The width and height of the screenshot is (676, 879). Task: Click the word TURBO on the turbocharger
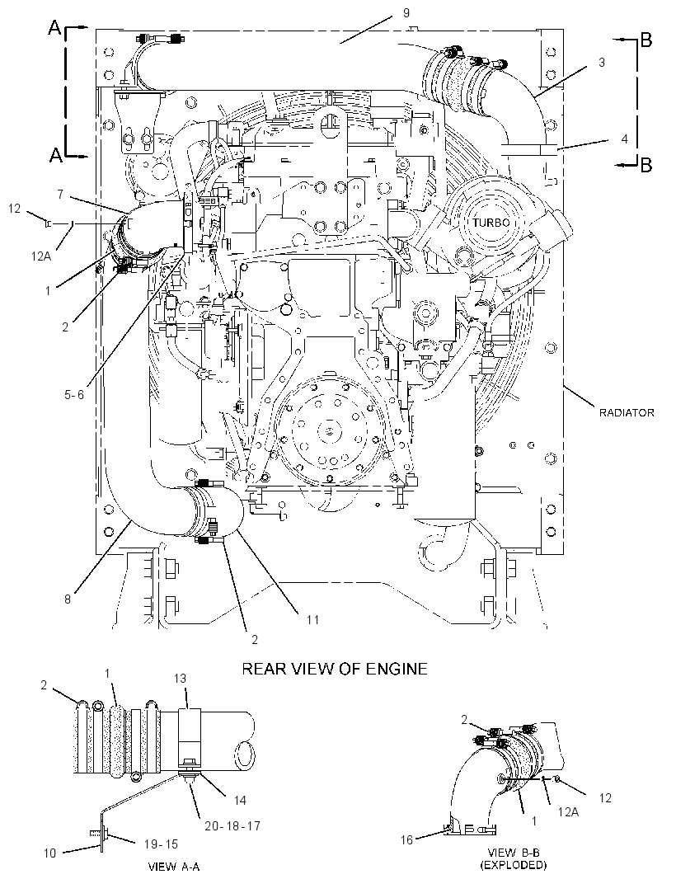point(491,223)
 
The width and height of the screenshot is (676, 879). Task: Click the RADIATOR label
point(626,412)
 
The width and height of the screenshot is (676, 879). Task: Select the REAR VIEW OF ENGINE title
point(335,669)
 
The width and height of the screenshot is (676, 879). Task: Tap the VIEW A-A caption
point(173,867)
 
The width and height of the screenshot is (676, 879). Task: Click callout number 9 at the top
point(406,13)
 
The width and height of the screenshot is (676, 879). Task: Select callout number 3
point(602,62)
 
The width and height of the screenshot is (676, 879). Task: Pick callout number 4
point(624,139)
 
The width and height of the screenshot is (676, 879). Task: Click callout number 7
point(60,195)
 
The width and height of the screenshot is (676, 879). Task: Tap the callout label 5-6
point(74,395)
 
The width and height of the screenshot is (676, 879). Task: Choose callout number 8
point(68,599)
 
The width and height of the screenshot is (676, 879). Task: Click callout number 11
point(312,619)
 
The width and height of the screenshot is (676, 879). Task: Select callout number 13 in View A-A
point(180,679)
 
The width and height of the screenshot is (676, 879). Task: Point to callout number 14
point(239,800)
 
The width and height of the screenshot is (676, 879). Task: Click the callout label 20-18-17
point(232,825)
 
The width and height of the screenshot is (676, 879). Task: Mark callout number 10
point(50,853)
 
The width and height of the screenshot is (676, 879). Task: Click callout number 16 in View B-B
point(406,839)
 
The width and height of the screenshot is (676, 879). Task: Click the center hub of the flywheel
point(329,430)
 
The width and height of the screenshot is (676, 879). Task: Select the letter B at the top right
point(645,40)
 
